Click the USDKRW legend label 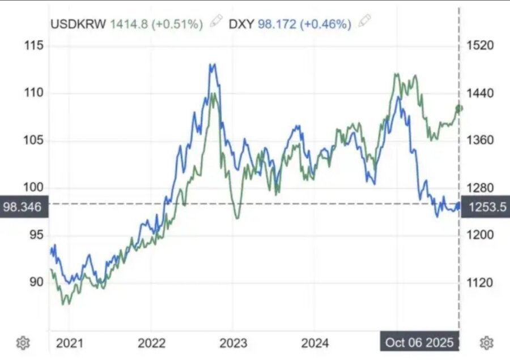(x=79, y=24)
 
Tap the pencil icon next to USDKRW (x=216, y=22)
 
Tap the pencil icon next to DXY (x=365, y=22)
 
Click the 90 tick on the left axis (x=36, y=282)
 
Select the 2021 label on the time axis (x=70, y=343)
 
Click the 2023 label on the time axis (x=233, y=343)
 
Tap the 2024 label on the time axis (x=315, y=343)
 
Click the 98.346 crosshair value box (x=23, y=207)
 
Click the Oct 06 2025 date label (x=419, y=342)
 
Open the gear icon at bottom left (x=23, y=342)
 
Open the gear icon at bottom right (x=486, y=342)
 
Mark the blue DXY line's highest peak (x=212, y=64)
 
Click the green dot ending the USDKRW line (x=458, y=108)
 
